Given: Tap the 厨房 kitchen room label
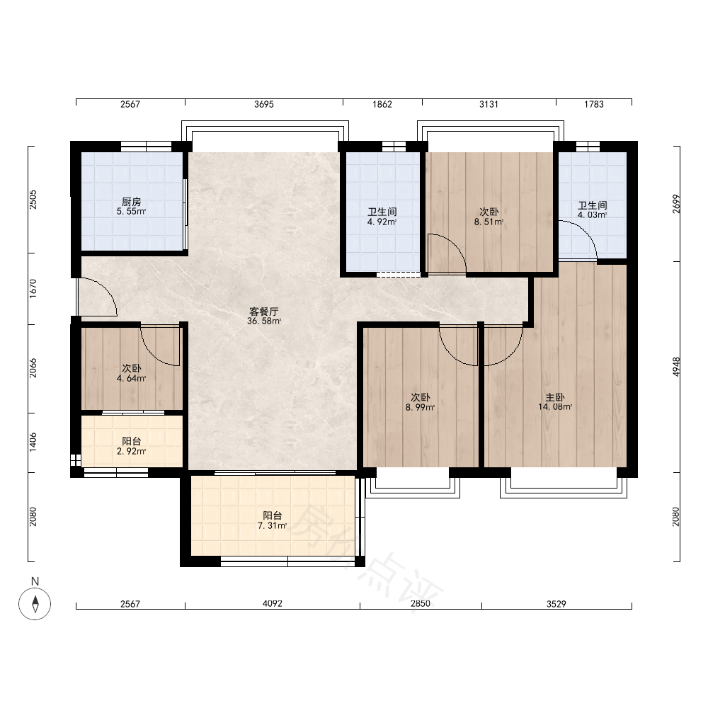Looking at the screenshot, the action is pyautogui.click(x=132, y=202).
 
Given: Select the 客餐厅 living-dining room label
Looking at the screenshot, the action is pyautogui.click(x=264, y=312).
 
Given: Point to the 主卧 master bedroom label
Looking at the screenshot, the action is pyautogui.click(x=555, y=397).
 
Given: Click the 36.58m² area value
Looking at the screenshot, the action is pyautogui.click(x=264, y=321).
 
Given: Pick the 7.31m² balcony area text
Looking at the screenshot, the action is pyautogui.click(x=273, y=525).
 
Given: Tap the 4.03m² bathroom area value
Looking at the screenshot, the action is pyautogui.click(x=592, y=215).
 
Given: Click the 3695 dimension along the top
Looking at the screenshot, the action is pyautogui.click(x=264, y=104).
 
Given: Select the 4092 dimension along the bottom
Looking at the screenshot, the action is pyautogui.click(x=273, y=604).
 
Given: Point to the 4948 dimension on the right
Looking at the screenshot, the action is pyautogui.click(x=676, y=367).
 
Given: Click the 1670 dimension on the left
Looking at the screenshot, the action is pyautogui.click(x=33, y=289).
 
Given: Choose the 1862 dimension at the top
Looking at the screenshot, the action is pyautogui.click(x=382, y=104).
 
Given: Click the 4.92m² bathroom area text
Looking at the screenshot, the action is pyautogui.click(x=382, y=222).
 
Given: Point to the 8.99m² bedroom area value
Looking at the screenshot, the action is pyautogui.click(x=421, y=407).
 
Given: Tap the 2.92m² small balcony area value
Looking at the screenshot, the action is pyautogui.click(x=132, y=451).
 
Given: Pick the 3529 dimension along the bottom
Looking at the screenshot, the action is pyautogui.click(x=556, y=604).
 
